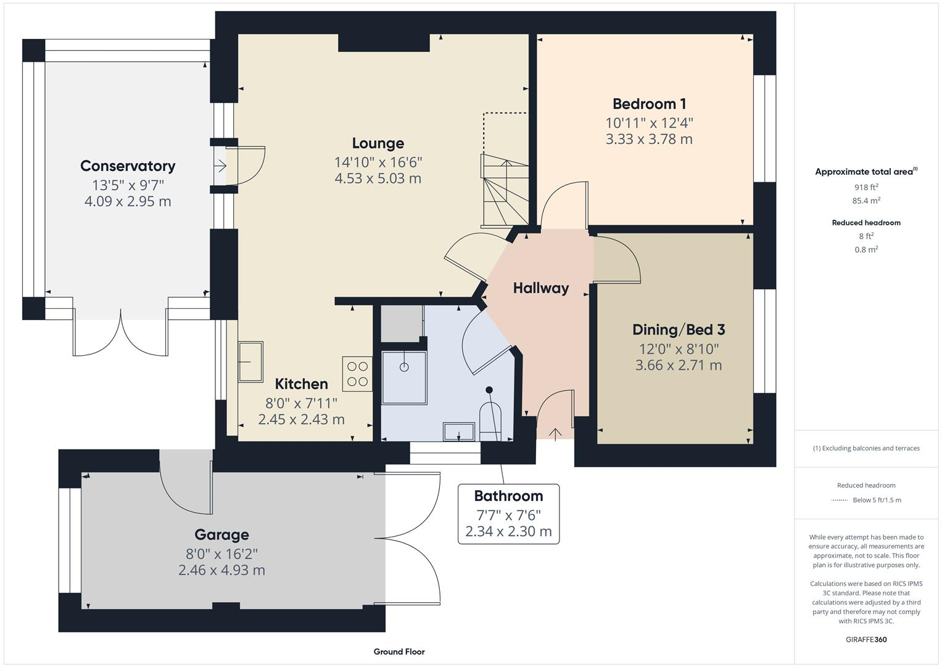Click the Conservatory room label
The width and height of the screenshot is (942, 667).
click(128, 166)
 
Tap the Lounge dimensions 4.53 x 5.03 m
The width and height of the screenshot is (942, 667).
click(378, 178)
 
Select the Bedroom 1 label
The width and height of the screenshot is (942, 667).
click(649, 104)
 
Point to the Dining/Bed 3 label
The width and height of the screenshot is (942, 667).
click(678, 330)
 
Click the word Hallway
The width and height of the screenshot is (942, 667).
click(540, 288)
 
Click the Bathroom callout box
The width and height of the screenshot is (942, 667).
click(508, 514)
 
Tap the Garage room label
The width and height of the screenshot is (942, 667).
click(221, 535)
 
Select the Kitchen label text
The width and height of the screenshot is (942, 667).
click(301, 384)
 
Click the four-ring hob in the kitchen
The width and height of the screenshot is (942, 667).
click(358, 374)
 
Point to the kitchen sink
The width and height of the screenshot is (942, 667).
click(251, 361)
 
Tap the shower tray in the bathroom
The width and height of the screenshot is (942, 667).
click(404, 377)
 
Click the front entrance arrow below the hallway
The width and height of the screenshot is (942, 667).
click(555, 434)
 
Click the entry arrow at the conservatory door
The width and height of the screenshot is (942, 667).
click(220, 166)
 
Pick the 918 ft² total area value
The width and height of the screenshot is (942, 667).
click(866, 187)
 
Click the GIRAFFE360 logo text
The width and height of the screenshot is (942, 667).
click(866, 639)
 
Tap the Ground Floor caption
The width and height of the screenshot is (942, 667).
click(399, 652)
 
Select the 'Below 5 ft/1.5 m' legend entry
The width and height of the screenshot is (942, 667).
click(876, 500)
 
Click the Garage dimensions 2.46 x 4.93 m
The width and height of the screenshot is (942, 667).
click(221, 570)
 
